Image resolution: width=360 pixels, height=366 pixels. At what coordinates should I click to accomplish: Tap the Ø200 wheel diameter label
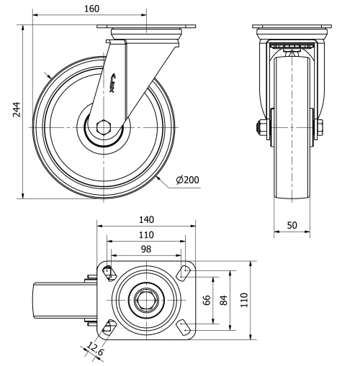tap(188, 179)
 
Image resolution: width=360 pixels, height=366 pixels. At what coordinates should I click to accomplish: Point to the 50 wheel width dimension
tap(292, 225)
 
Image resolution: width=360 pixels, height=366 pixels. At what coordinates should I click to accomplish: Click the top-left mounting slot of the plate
tap(109, 272)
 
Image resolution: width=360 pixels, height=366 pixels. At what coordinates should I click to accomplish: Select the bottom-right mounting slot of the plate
tap(184, 328)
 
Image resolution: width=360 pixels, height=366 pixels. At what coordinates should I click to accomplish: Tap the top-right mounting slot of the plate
tap(184, 272)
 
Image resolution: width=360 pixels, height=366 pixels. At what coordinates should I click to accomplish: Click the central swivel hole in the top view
tap(146, 300)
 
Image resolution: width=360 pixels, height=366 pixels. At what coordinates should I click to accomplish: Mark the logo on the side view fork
tap(117, 84)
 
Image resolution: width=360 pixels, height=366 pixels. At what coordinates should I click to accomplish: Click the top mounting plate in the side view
tap(147, 29)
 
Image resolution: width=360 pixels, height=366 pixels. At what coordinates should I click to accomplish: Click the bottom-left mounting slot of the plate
tap(109, 328)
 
